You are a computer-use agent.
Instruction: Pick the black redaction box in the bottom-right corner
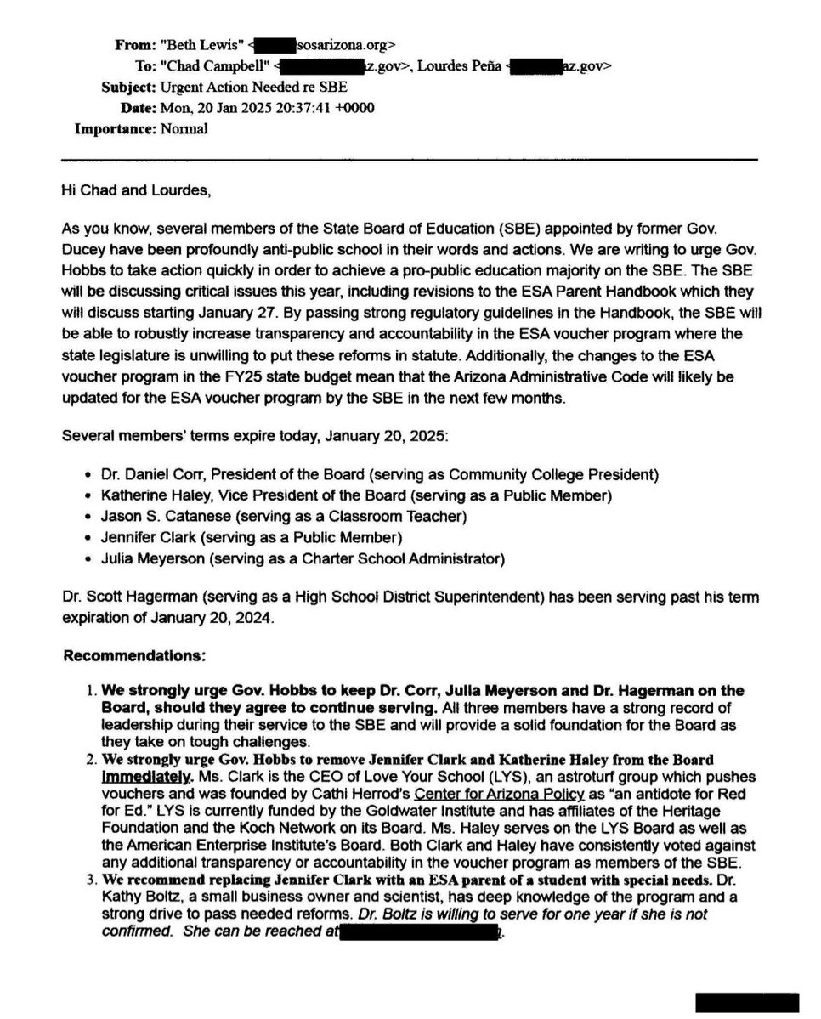tap(748, 1002)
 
